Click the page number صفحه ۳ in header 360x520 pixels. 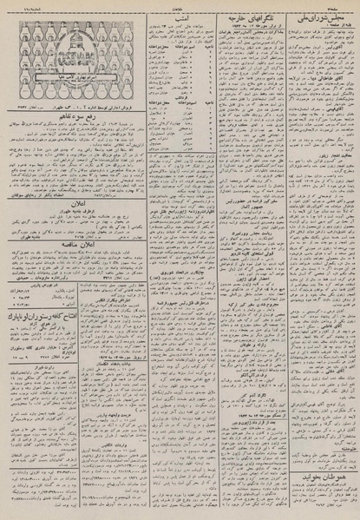click(x=344, y=3)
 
